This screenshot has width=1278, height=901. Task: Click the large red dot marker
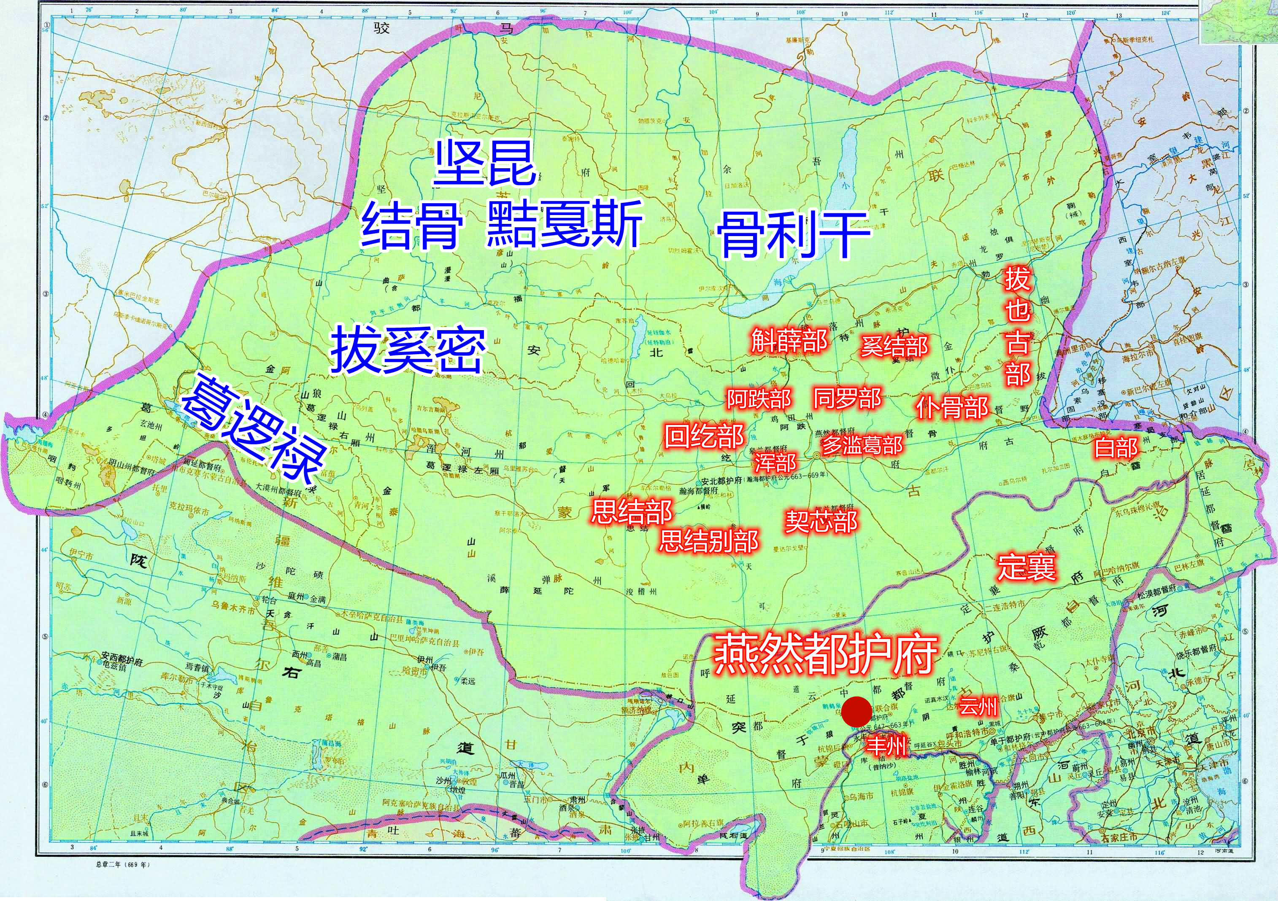coord(856,711)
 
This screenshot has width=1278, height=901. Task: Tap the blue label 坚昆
coord(484,163)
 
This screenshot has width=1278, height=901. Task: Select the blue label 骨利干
coord(794,234)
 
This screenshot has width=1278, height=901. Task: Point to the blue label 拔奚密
coord(408,350)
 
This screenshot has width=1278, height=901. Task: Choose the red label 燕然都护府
coord(824,653)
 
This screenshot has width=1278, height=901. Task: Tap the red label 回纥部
coord(704,436)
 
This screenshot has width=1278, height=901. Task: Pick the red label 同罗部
coord(847,398)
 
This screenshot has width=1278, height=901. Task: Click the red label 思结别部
coord(708,540)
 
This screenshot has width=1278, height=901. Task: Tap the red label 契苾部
coord(821,521)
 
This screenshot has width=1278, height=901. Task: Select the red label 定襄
coord(1026,566)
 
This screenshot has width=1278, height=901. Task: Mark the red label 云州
coord(978,707)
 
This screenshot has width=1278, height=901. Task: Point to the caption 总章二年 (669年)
coord(123,864)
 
